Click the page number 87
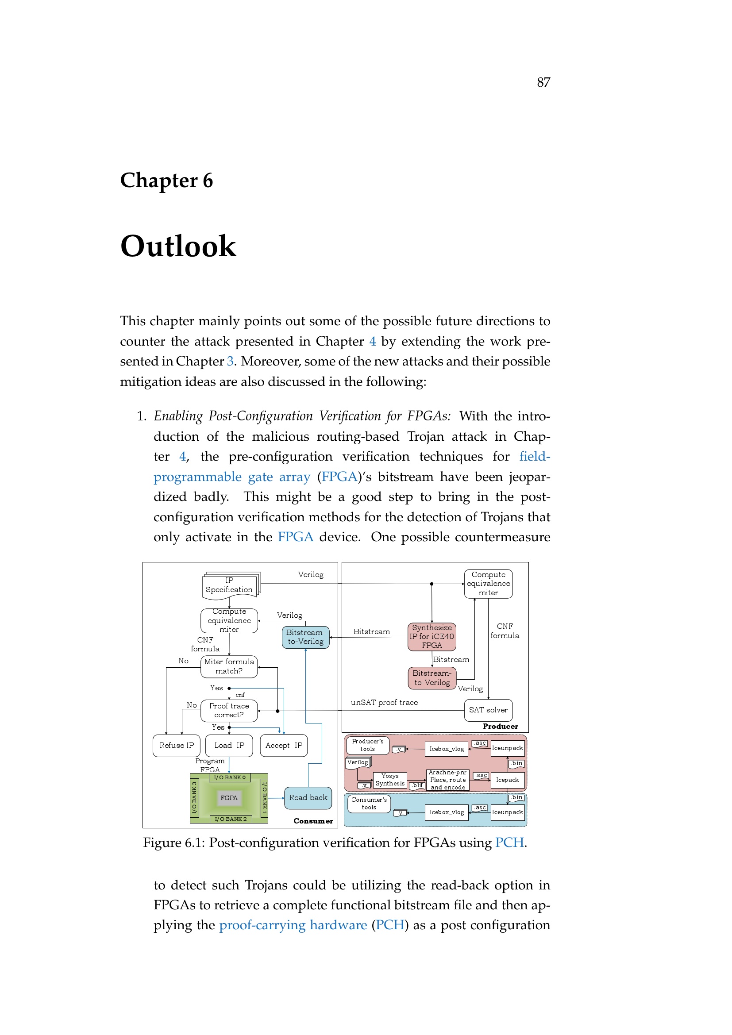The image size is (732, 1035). coord(543,82)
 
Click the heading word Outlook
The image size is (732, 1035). coord(178,246)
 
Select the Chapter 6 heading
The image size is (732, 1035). coord(166,180)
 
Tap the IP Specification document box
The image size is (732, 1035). coord(229,586)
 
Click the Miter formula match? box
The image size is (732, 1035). coord(229,666)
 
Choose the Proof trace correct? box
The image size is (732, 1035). coord(229,711)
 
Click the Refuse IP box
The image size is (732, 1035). coord(177,746)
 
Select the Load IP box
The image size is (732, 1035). coord(229,746)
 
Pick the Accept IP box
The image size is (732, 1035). coord(284,746)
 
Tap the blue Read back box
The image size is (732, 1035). coord(308,797)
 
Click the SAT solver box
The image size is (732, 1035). coord(488,710)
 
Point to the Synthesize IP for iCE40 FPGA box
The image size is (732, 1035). coord(432,636)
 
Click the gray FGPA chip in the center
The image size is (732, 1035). coord(229,798)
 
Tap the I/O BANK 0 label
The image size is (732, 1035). coord(230,777)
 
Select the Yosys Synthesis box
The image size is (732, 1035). coord(390,780)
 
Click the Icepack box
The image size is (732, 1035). coord(508,780)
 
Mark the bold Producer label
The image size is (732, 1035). coord(501,726)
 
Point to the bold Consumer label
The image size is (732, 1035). coord(313,821)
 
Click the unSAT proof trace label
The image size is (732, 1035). coord(385,702)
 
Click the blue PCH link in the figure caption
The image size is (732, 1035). coord(509,843)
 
